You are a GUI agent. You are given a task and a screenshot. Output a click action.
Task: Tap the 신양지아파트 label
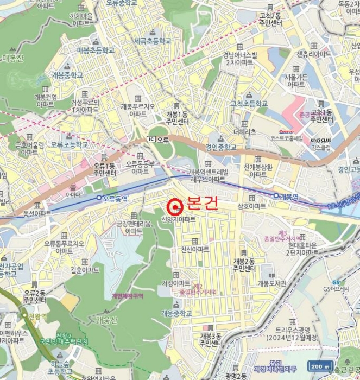178,220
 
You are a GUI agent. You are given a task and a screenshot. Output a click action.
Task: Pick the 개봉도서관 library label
272,283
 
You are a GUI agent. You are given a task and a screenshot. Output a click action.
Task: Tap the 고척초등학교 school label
249,103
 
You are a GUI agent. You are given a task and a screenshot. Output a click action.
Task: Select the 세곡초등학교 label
153,41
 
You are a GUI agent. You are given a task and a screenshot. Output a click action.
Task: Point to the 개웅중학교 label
176,313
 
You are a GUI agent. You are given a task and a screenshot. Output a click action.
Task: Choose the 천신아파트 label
195,249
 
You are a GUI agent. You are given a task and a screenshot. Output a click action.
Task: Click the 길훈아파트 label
85,270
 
